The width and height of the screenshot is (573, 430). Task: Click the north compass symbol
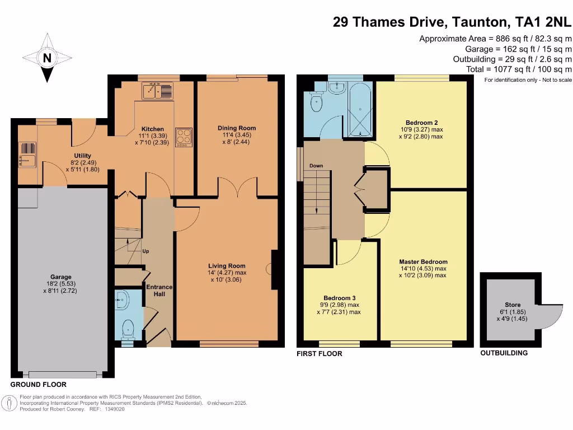[47, 58]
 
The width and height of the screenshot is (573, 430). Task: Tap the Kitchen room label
[152, 128]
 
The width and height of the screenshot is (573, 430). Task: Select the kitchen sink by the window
[158, 90]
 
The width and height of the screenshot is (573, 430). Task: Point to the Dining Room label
[237, 128]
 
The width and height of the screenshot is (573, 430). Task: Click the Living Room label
[227, 266]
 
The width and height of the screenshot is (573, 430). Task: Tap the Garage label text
[61, 277]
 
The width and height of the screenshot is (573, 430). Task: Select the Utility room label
[82, 156]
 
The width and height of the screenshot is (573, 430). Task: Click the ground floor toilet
[128, 329]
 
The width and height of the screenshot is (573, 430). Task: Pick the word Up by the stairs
[145, 251]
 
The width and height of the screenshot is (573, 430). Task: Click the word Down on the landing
[316, 166]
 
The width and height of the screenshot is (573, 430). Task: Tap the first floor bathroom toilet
[317, 102]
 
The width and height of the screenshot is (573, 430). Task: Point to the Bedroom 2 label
[421, 123]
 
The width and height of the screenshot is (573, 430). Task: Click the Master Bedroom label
[423, 261]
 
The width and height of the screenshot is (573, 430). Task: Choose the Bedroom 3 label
[340, 298]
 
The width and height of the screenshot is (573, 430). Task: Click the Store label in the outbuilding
[512, 305]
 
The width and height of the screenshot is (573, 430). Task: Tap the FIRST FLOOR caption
[320, 353]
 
